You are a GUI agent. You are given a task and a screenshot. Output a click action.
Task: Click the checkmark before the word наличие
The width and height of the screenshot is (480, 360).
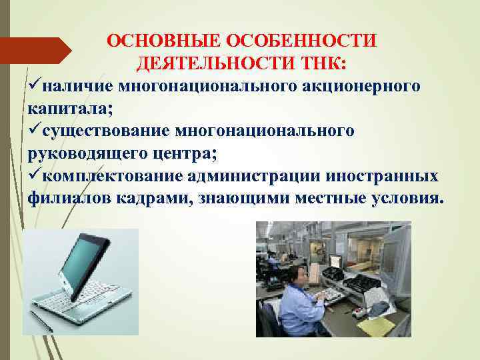pyautogui.click(x=34, y=86)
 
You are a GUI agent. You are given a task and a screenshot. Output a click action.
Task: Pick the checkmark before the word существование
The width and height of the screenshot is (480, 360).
pyautogui.click(x=34, y=131)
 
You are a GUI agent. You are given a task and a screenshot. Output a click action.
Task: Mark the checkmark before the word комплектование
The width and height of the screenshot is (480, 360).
pyautogui.click(x=34, y=176)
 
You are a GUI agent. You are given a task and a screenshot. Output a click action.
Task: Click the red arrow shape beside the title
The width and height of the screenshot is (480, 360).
pyautogui.click(x=37, y=51)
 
